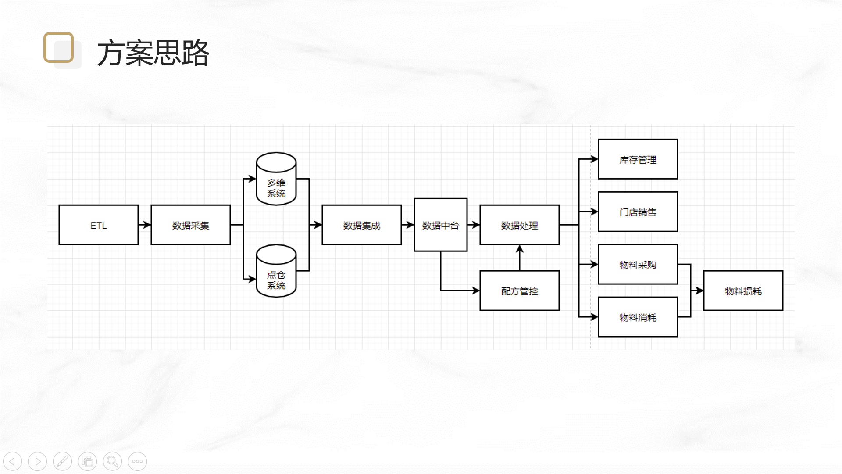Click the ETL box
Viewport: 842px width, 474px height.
98,225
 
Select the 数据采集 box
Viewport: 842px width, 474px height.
190,225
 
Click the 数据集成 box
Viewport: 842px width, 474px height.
361,225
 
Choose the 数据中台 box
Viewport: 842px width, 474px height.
440,225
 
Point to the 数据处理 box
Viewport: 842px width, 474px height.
519,225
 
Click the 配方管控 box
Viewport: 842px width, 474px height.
519,291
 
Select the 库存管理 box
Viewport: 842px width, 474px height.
638,159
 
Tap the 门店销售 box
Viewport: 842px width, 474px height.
638,212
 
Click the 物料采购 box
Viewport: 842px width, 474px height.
638,264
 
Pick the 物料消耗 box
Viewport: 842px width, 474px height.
638,317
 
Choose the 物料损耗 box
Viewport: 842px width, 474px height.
743,291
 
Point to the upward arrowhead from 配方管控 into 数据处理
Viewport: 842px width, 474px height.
520,249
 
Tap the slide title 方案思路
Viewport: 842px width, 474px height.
153,53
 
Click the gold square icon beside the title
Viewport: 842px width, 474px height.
59,47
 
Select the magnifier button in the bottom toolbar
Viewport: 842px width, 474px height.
112,461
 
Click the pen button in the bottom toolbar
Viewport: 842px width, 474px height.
62,461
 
